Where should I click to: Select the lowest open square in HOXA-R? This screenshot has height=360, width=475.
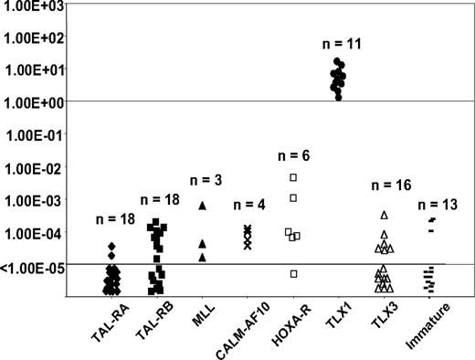tap(293, 273)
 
